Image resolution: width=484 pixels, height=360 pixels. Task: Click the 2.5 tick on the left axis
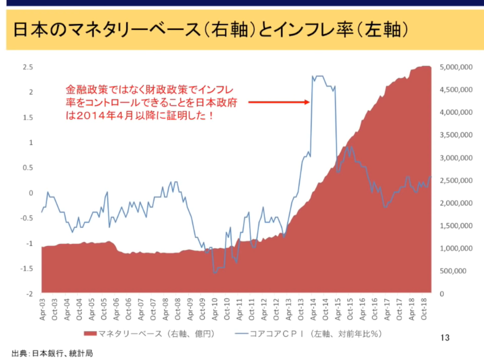click(x=28, y=67)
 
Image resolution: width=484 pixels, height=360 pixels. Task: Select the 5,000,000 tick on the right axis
click(x=456, y=67)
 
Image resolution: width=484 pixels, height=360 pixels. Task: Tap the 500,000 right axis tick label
click(x=453, y=271)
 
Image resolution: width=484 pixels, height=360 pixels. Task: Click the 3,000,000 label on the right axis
click(x=456, y=158)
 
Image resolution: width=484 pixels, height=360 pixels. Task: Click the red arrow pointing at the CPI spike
click(x=279, y=102)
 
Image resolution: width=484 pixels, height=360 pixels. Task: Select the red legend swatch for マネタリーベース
click(x=90, y=334)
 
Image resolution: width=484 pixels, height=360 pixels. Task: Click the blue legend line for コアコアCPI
click(x=242, y=334)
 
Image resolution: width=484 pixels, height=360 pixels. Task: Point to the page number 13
click(x=445, y=338)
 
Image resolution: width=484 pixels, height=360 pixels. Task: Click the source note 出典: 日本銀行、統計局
click(x=52, y=354)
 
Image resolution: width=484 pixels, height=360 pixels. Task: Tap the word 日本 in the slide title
click(x=31, y=30)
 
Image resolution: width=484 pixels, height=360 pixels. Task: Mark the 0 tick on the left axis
click(x=31, y=193)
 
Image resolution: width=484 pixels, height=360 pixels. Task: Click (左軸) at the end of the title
click(x=382, y=30)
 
